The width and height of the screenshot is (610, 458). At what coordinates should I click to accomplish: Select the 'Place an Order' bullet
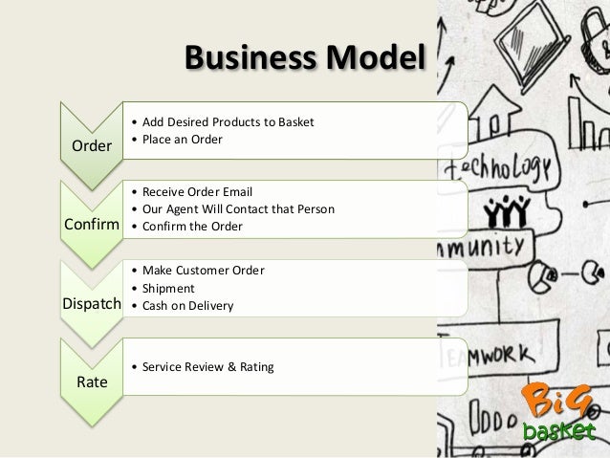[x=181, y=141]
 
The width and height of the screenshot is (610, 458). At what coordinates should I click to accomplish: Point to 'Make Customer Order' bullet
[x=202, y=270]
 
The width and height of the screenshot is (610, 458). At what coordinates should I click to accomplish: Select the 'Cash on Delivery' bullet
[x=186, y=305]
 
